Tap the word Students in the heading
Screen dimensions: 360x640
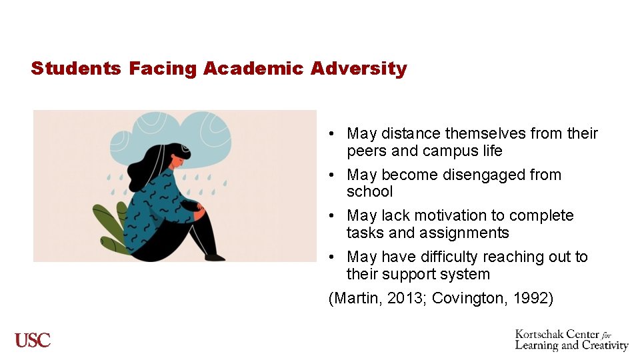tap(76, 69)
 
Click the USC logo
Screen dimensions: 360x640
tap(33, 340)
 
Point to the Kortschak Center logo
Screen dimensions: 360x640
tap(571, 339)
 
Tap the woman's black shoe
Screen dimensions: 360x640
tap(215, 256)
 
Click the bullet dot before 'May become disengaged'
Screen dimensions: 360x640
tap(331, 175)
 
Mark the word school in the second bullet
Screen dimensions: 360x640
tap(369, 192)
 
